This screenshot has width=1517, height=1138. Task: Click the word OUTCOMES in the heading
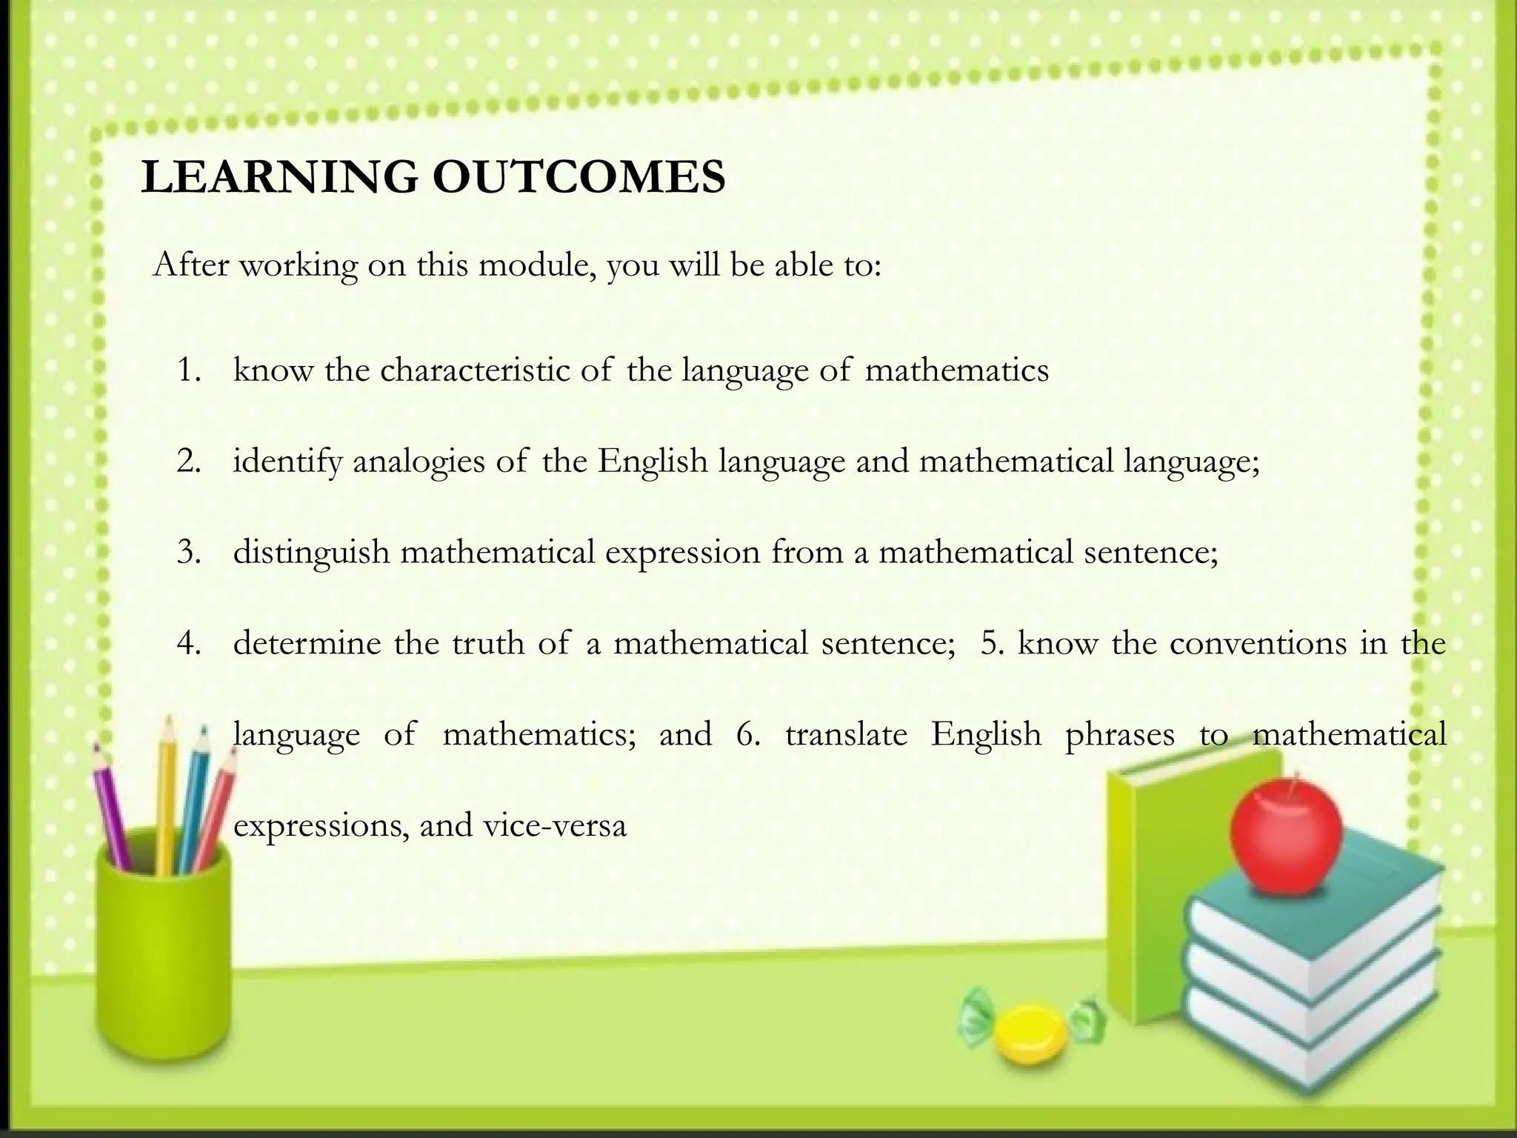(x=579, y=177)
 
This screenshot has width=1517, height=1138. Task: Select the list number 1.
(x=189, y=370)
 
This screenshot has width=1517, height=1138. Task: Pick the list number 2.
(x=189, y=462)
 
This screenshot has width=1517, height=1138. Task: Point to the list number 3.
(x=189, y=553)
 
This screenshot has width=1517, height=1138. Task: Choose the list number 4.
(x=189, y=643)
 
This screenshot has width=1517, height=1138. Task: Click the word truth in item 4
(x=487, y=643)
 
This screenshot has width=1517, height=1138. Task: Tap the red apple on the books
(x=1285, y=842)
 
